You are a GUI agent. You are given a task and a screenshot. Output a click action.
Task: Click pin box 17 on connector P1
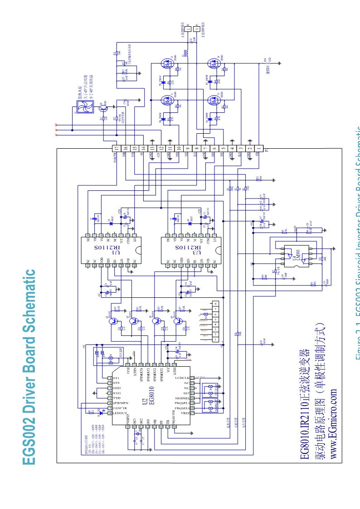pos(117,148)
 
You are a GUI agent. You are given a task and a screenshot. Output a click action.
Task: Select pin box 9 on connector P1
pos(187,148)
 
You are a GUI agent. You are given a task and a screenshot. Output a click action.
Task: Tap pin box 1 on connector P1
pos(258,148)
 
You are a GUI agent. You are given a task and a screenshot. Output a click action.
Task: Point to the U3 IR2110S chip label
pos(177,248)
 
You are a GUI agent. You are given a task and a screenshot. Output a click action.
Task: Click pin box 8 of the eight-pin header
pos(214,303)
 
